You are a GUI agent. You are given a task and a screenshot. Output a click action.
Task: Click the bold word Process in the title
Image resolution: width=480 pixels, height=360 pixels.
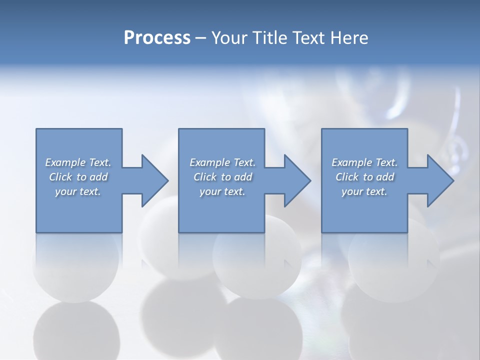[157, 38]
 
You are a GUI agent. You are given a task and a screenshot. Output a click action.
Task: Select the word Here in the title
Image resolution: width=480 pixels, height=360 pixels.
[348, 38]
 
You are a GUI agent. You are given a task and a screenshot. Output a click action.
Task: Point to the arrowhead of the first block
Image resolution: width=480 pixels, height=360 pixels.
[154, 180]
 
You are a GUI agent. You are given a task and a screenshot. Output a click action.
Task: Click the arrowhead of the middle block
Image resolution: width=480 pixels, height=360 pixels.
[297, 180]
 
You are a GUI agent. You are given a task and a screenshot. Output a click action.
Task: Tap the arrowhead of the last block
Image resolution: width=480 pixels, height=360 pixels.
[440, 180]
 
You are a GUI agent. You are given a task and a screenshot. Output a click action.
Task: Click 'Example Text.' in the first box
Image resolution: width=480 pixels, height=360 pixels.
[78, 162]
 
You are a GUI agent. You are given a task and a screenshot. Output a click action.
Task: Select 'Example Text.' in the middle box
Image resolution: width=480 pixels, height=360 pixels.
[222, 162]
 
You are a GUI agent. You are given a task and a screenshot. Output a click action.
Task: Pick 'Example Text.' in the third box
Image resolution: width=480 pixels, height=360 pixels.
[364, 162]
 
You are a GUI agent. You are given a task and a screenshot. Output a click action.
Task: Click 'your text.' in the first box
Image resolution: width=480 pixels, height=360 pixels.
[78, 191]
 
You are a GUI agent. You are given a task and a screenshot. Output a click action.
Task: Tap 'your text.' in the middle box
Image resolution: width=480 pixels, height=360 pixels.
[222, 191]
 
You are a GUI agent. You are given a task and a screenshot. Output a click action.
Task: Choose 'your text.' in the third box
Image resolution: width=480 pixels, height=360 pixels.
[364, 191]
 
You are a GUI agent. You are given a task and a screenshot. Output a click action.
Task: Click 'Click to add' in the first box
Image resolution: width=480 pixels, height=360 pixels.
[78, 177]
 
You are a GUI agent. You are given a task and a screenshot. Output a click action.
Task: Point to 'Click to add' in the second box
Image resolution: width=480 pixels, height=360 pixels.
[222, 177]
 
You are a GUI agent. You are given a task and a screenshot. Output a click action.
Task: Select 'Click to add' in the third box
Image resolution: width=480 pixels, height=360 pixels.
[364, 177]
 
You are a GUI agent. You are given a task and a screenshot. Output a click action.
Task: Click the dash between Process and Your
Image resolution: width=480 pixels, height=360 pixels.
[201, 38]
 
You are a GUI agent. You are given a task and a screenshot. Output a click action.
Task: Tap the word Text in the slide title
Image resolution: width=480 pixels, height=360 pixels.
[305, 38]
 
